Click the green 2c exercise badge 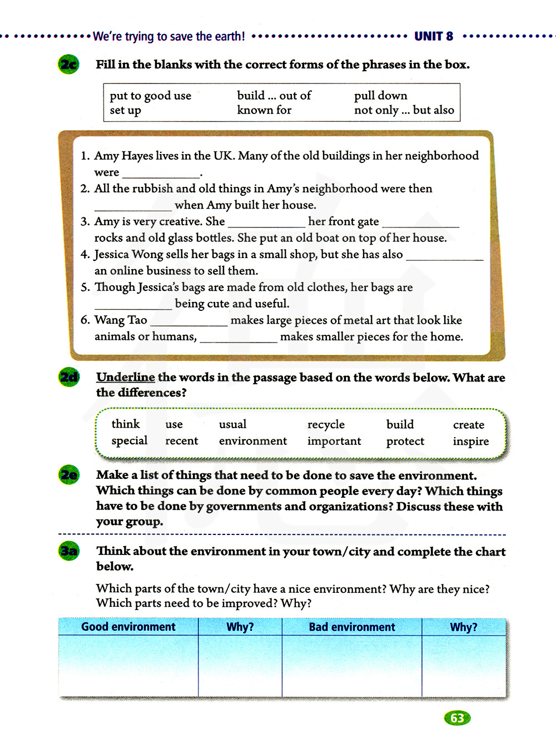pyautogui.click(x=68, y=65)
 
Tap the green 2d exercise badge pyautogui.click(x=69, y=378)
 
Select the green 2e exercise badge pyautogui.click(x=69, y=475)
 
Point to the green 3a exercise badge pyautogui.click(x=69, y=551)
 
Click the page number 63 pyautogui.click(x=457, y=718)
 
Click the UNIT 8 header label pyautogui.click(x=434, y=37)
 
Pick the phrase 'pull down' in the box pyautogui.click(x=380, y=96)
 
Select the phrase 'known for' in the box pyautogui.click(x=264, y=110)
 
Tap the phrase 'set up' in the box pyautogui.click(x=125, y=110)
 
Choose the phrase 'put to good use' pyautogui.click(x=150, y=96)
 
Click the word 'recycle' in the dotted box pyautogui.click(x=326, y=424)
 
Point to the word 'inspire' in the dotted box pyautogui.click(x=470, y=441)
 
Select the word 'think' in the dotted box pyautogui.click(x=126, y=424)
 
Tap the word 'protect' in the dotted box pyautogui.click(x=405, y=441)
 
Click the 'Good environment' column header pyautogui.click(x=128, y=627)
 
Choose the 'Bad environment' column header pyautogui.click(x=352, y=627)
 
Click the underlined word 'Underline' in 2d pyautogui.click(x=126, y=377)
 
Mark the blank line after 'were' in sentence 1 pyautogui.click(x=161, y=174)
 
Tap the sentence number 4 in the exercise pyautogui.click(x=85, y=255)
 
